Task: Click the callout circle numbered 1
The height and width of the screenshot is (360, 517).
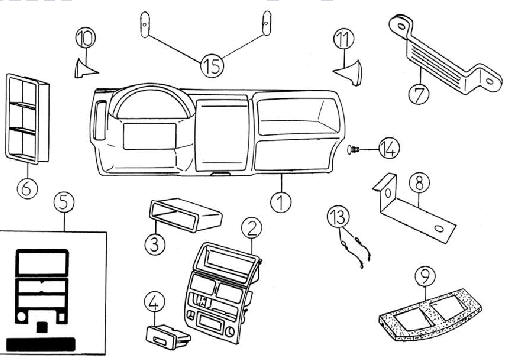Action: pyautogui.click(x=281, y=202)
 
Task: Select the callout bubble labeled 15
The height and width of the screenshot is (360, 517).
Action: pyautogui.click(x=212, y=65)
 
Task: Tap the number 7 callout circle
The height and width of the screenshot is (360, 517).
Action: pyautogui.click(x=419, y=94)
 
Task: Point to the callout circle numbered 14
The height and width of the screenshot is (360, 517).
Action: pyautogui.click(x=389, y=148)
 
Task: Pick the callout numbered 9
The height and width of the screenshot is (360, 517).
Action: pyautogui.click(x=426, y=276)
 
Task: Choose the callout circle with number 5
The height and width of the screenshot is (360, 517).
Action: pyautogui.click(x=64, y=202)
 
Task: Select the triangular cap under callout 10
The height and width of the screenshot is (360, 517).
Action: pyautogui.click(x=86, y=69)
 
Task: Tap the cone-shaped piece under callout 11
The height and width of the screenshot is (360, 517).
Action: pyautogui.click(x=348, y=72)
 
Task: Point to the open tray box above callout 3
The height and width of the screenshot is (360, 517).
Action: pyautogui.click(x=185, y=214)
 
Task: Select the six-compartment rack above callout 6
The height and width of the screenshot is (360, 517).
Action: pyautogui.click(x=28, y=119)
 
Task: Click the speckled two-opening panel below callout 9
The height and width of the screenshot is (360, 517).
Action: pyautogui.click(x=429, y=315)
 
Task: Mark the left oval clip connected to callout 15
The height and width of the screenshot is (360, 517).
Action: pyautogui.click(x=145, y=24)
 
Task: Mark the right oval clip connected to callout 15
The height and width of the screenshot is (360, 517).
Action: pyautogui.click(x=266, y=23)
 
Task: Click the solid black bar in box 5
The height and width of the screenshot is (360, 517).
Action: pyautogui.click(x=41, y=344)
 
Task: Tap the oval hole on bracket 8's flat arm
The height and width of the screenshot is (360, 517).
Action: pyautogui.click(x=439, y=229)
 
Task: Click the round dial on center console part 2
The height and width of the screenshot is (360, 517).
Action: pyautogui.click(x=229, y=332)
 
